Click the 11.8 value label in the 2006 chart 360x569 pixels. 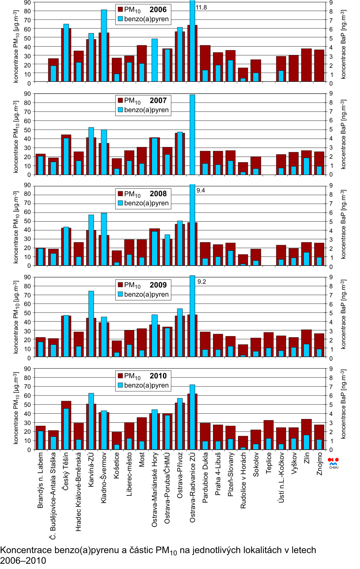[x=201, y=7]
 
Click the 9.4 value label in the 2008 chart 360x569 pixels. [x=201, y=190]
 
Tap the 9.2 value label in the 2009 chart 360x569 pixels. [x=202, y=281]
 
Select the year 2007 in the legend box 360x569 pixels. [x=158, y=100]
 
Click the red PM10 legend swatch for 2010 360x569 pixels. [x=120, y=376]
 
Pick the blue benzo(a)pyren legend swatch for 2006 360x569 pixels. [x=120, y=19]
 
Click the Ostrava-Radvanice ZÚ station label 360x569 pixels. [x=193, y=487]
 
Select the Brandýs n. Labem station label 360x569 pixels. [x=40, y=480]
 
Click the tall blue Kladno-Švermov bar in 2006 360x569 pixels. [x=104, y=45]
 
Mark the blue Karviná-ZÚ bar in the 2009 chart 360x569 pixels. [x=91, y=324]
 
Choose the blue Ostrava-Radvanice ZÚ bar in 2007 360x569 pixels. [x=193, y=134]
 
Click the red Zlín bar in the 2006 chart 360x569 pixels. [x=307, y=65]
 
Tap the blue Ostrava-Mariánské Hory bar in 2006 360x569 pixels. [x=155, y=60]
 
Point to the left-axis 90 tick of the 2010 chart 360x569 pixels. [x=27, y=369]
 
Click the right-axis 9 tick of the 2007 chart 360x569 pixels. [x=331, y=94]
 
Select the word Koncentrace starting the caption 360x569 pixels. [x=26, y=550]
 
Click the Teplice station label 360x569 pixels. [x=269, y=463]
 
